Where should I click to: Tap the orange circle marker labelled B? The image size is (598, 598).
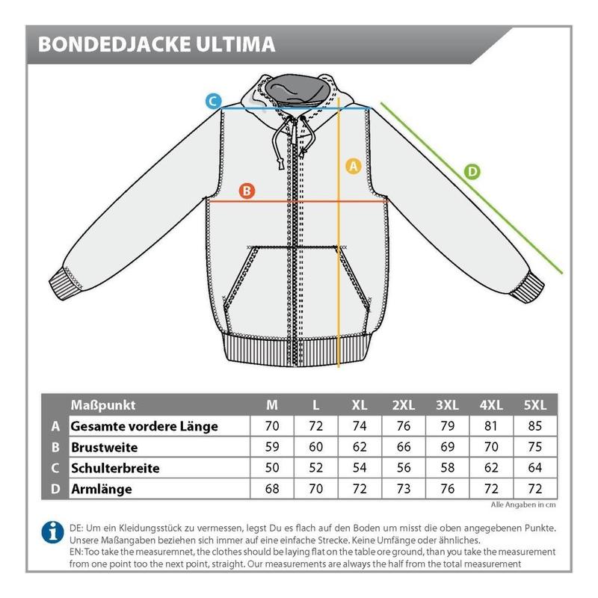coord(247,191)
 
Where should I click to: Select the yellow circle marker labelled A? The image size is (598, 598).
coord(354,166)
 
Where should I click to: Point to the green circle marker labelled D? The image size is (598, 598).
coord(472,171)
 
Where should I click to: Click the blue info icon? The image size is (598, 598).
coord(52,532)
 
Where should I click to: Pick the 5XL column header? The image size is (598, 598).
coord(535,405)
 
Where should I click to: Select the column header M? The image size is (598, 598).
coord(273,405)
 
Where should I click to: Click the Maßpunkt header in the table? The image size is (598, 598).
coord(103,405)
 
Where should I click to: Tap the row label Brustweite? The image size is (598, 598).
coord(105,448)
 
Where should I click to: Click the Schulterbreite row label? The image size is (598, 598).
coord(115,469)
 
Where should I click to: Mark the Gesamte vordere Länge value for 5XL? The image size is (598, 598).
coord(535,427)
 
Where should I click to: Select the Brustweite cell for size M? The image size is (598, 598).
coord(273,448)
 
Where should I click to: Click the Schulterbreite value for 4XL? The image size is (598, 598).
coord(491,469)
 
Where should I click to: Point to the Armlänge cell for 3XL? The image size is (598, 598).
coord(447,490)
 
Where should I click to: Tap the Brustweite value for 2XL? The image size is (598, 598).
coord(404,448)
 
